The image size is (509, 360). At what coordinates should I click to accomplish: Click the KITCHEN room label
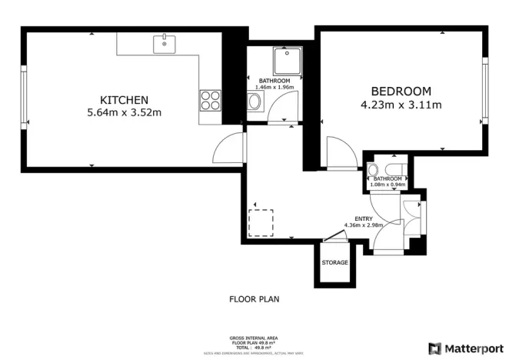coord(124,100)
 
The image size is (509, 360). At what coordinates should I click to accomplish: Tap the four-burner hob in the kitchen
coord(211,100)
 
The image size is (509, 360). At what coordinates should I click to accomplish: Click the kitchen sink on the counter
coord(164,44)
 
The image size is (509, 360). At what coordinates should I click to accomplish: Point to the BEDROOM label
coord(401,91)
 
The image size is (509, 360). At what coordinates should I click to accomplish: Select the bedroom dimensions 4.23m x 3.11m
coord(401,105)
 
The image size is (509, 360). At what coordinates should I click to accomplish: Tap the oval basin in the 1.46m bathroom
coord(255,103)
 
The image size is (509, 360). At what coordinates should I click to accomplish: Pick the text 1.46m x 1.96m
coord(274,88)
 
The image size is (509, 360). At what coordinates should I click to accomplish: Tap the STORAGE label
coord(334,263)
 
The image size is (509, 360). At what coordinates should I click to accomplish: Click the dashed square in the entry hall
coord(261,222)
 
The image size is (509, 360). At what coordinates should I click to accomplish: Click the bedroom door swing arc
coord(338,150)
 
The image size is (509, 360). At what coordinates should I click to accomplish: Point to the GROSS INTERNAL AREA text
coord(254,338)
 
